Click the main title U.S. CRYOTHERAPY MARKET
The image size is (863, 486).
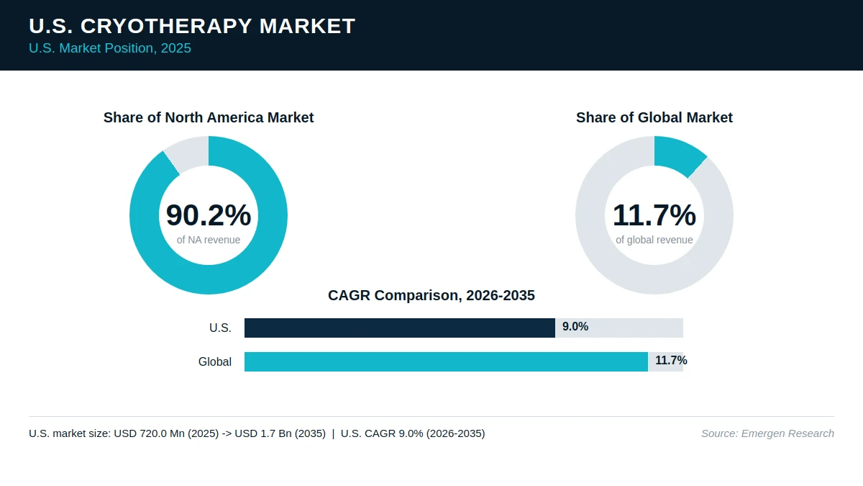[x=192, y=26]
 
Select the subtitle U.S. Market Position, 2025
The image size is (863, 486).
[x=110, y=48]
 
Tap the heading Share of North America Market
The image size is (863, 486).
[x=209, y=117]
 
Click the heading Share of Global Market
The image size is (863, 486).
[x=654, y=117]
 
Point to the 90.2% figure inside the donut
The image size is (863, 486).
[x=209, y=215]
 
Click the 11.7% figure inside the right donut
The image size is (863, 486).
[x=654, y=215]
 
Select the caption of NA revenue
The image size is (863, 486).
[x=209, y=240]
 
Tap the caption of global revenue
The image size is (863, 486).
[x=654, y=240]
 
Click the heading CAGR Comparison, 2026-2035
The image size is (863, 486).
[x=431, y=295]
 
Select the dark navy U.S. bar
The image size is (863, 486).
[x=400, y=328]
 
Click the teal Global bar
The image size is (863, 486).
[x=446, y=361]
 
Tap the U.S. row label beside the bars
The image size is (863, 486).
[x=220, y=328]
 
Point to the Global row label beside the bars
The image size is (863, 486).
[x=215, y=361]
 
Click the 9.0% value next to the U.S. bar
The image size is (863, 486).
[x=575, y=327]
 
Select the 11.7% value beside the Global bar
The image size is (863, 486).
[x=671, y=360]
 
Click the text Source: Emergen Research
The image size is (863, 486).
[x=767, y=433]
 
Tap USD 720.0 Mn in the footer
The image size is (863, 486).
[x=149, y=433]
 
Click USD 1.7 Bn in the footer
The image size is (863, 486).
[x=263, y=433]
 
